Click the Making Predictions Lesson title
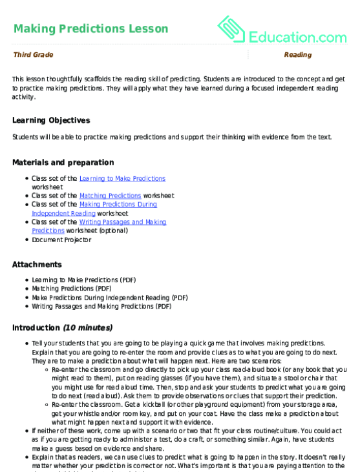90,29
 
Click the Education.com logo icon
232,30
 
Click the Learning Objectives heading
51,120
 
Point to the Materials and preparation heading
63,162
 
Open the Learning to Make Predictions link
122,178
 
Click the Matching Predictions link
110,196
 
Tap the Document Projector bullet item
61,240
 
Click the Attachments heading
37,264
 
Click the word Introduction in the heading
36,328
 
